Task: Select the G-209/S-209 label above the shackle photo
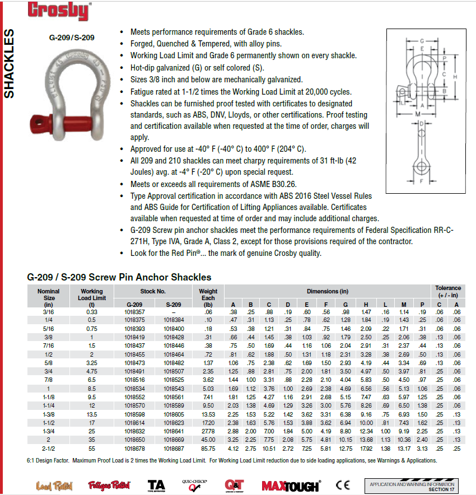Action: (72, 38)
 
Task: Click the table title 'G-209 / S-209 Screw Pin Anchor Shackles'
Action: (119, 277)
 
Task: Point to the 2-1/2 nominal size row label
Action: (49, 449)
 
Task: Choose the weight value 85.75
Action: (208, 449)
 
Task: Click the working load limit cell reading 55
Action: (92, 449)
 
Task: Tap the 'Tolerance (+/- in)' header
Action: (448, 291)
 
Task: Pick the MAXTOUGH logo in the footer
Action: (290, 486)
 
